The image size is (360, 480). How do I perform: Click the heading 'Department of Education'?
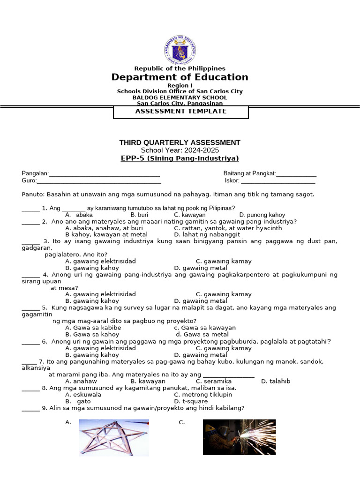180,77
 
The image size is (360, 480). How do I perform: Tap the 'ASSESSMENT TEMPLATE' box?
180,112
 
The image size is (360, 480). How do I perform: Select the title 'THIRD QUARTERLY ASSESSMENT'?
180,142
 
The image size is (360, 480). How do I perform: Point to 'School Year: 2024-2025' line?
180,150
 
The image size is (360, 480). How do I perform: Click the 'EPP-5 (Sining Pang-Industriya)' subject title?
180,158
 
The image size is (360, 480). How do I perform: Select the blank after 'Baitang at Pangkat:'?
296,174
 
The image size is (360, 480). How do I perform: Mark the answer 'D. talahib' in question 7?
276,381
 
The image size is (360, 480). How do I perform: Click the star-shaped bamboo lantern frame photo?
113,438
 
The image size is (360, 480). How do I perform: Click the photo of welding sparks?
239,437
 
